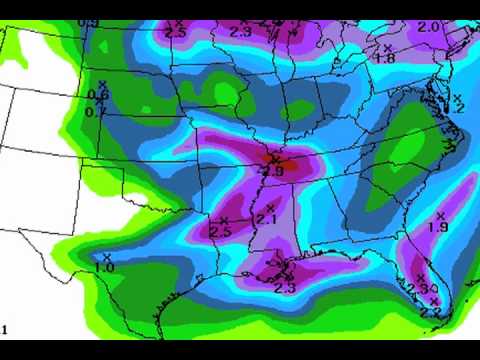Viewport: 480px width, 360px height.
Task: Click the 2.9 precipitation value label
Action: tap(272, 171)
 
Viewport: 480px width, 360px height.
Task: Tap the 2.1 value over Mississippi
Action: tap(266, 220)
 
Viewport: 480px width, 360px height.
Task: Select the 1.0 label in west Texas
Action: tap(104, 268)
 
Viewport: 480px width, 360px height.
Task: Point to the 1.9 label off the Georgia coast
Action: tap(437, 228)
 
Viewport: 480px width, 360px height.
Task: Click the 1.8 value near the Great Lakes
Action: tap(385, 59)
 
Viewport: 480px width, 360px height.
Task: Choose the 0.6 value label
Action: tap(98, 96)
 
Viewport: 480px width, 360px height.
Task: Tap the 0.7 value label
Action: tap(96, 111)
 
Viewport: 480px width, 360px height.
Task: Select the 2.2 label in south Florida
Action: tap(431, 312)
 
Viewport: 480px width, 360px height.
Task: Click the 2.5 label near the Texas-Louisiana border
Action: tap(221, 232)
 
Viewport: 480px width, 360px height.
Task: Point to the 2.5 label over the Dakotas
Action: tap(176, 32)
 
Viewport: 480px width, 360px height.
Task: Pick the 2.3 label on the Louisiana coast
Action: tap(284, 288)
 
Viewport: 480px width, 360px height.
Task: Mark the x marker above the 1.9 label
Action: tap(440, 215)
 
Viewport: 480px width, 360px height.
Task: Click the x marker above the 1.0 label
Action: tap(106, 257)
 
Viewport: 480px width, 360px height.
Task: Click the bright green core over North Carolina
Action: tap(405, 150)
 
